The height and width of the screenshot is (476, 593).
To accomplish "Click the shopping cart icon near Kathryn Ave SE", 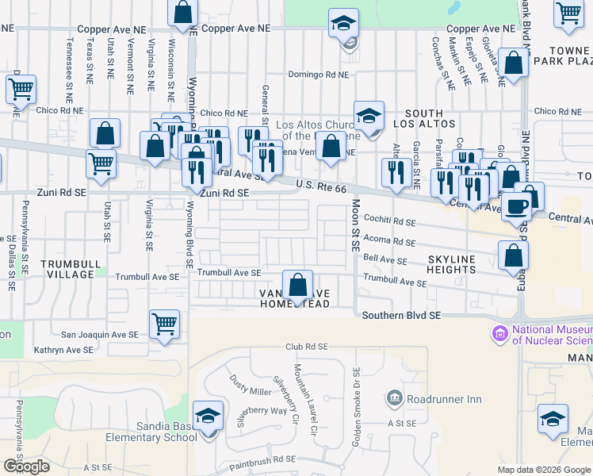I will coord(164,324).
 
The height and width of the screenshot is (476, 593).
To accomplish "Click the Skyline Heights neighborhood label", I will coord(451,264).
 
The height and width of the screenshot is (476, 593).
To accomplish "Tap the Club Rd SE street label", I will coord(307,347).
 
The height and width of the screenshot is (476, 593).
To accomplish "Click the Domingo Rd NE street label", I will coord(318,75).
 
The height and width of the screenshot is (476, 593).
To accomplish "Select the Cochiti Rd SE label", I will coord(388,222).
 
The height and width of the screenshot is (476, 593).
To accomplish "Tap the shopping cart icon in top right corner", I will coord(568,13).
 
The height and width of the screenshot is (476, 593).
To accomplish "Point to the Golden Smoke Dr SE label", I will coord(357,406).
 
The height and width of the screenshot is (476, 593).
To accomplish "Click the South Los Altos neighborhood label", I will coord(430,119).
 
